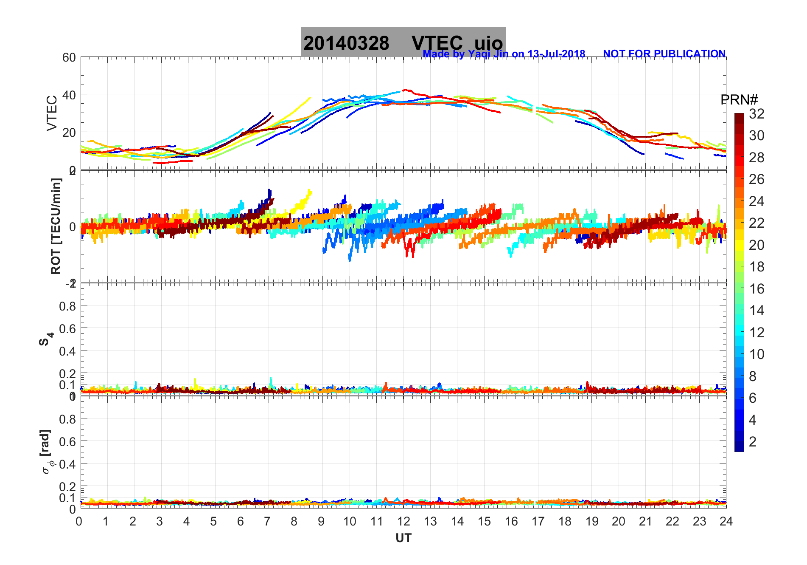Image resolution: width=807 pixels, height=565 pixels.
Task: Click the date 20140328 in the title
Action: point(346,43)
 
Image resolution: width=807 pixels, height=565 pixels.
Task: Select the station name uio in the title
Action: point(488,43)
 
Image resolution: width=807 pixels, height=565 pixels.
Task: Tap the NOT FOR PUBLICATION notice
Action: point(664,54)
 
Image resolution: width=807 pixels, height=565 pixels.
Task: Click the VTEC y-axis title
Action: point(52,113)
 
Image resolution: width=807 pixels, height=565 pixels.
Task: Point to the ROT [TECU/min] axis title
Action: point(56,226)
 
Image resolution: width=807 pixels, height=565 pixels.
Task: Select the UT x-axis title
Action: point(403,538)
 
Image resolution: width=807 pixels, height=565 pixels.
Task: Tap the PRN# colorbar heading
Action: point(739,100)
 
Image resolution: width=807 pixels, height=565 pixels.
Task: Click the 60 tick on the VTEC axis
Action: point(69,57)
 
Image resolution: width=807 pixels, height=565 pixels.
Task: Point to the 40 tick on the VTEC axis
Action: point(69,95)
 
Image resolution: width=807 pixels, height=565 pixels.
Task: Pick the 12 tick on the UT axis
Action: point(403,521)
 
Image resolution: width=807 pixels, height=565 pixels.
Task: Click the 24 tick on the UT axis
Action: point(726,521)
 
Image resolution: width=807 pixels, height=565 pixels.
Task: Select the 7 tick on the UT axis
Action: point(267,521)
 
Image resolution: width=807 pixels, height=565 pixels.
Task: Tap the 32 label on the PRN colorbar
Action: point(757,114)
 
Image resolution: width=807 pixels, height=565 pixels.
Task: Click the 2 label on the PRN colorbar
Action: point(753,442)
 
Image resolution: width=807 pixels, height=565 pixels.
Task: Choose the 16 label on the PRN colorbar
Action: point(757,289)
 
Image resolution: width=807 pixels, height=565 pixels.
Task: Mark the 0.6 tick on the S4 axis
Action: point(67,328)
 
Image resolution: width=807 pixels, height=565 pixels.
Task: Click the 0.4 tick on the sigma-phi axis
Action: point(67,464)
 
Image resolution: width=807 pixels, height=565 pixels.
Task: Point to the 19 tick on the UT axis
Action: point(591,521)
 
